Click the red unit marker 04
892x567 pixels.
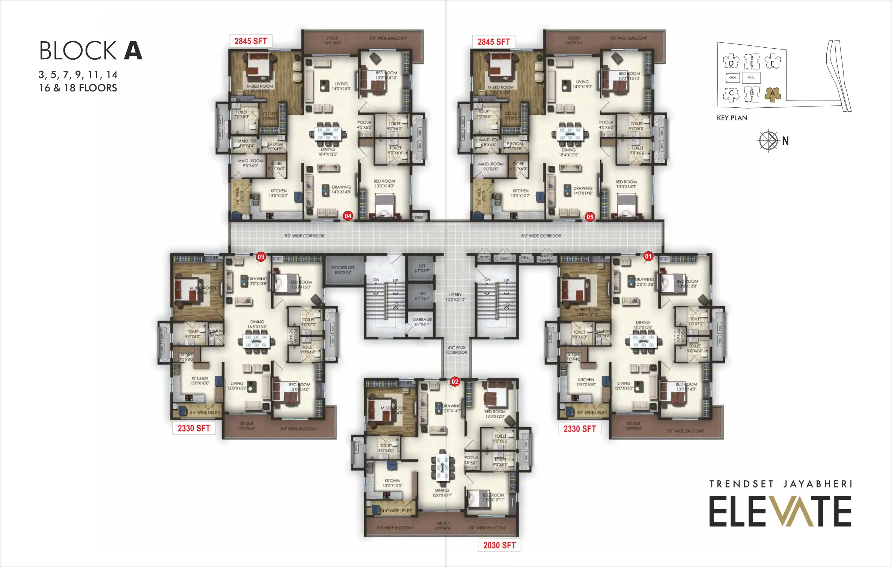point(348,216)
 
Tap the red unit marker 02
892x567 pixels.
point(455,382)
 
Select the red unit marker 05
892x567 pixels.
point(590,217)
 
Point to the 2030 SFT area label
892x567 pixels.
point(499,545)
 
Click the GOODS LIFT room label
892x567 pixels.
point(343,270)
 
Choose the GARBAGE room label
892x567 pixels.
point(422,322)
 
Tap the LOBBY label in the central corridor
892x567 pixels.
point(455,297)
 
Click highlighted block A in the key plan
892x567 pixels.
point(772,94)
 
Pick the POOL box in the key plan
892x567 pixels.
point(751,78)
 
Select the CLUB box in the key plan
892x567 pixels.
point(732,78)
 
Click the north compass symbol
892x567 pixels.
point(768,141)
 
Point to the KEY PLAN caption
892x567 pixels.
point(732,118)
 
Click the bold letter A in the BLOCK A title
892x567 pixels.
point(133,51)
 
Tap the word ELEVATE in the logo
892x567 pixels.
point(780,511)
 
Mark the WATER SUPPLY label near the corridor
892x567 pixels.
point(546,258)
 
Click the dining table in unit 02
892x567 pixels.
point(443,468)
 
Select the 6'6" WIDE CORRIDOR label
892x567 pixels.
point(457,350)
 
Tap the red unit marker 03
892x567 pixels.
point(261,257)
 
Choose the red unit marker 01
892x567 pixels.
point(648,256)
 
